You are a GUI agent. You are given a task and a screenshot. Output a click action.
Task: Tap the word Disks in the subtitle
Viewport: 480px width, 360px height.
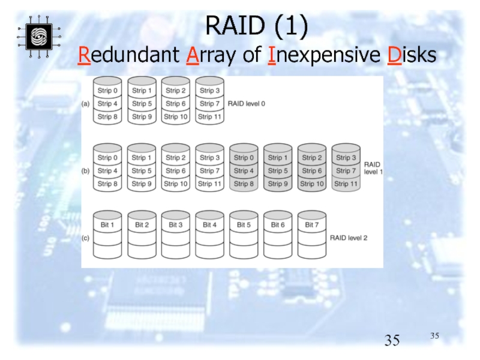pos(411,56)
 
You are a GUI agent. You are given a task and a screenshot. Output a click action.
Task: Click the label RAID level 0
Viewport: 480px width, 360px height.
pos(246,103)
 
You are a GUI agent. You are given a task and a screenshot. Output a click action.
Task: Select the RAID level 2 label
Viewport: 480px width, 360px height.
pos(349,238)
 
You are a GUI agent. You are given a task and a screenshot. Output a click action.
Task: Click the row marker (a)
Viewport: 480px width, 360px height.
pos(86,103)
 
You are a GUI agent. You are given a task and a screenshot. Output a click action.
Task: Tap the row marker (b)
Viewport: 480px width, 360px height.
pos(86,170)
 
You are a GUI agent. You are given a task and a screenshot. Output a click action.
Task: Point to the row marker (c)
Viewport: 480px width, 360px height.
pos(86,238)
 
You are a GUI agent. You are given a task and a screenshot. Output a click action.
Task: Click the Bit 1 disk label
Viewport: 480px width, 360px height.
pos(107,225)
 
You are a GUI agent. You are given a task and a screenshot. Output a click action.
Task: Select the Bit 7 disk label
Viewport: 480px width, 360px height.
pos(311,225)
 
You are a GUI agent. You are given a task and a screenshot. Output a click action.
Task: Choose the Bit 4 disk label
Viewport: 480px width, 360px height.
pos(209,225)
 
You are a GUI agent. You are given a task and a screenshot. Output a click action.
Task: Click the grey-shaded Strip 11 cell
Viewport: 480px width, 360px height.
pos(345,184)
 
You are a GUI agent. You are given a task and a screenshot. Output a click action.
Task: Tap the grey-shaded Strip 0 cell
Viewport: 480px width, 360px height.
pos(243,158)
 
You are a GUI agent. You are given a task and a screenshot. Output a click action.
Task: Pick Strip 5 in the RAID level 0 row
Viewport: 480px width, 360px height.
pos(142,103)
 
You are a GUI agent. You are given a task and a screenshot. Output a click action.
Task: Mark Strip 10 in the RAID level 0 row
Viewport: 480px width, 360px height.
pos(175,116)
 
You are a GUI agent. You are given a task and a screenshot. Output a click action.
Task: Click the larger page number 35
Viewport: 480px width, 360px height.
pos(392,341)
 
